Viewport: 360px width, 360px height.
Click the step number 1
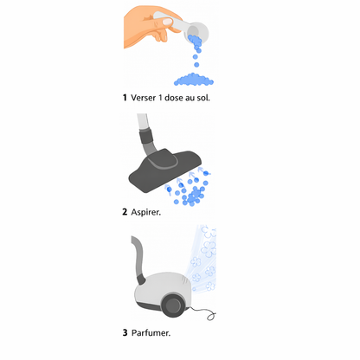coord(125,97)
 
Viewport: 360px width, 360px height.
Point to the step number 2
coord(125,211)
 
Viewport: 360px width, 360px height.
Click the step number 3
coord(125,331)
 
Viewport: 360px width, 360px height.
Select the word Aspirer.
coord(150,211)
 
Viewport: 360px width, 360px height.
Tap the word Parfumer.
coord(153,331)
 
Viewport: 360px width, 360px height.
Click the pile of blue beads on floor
coord(195,80)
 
